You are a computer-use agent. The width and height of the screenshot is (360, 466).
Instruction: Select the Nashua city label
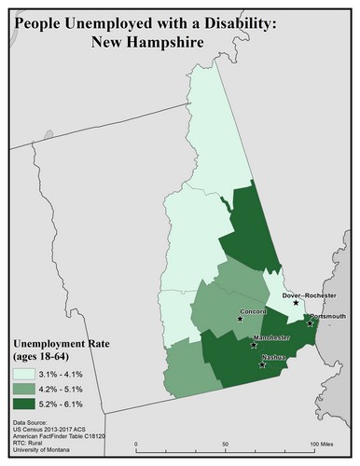(x=272, y=357)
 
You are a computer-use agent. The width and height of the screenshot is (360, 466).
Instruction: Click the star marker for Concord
(x=240, y=320)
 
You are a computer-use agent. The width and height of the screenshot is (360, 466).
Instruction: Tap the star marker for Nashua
(x=262, y=364)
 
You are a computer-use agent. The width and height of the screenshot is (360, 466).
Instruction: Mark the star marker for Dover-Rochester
(x=297, y=303)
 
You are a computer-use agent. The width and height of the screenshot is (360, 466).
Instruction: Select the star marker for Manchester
(x=254, y=345)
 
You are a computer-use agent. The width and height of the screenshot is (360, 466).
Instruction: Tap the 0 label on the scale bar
(x=137, y=444)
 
